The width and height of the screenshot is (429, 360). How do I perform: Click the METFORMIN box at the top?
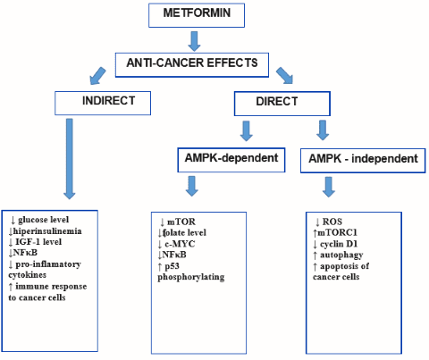click(x=197, y=15)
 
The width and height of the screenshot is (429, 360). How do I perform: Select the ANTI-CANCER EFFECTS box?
click(x=192, y=65)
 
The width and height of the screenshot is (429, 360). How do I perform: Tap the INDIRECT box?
click(x=103, y=103)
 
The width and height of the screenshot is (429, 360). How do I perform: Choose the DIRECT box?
click(x=282, y=104)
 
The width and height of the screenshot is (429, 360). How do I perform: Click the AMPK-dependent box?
click(x=231, y=160)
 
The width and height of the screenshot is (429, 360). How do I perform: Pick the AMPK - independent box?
click(x=363, y=161)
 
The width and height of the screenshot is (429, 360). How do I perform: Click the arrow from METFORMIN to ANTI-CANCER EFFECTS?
click(x=194, y=41)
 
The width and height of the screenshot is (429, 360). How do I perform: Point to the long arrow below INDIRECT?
click(x=70, y=159)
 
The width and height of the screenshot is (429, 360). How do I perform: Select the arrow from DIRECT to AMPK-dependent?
click(x=247, y=130)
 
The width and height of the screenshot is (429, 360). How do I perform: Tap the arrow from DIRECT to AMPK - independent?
click(x=323, y=130)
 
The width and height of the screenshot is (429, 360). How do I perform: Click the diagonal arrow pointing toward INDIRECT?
click(x=97, y=76)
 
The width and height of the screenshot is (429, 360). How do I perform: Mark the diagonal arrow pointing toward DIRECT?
click(x=285, y=75)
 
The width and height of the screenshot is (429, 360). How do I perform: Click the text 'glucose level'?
click(x=43, y=220)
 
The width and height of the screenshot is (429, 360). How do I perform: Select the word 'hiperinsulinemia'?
click(x=47, y=231)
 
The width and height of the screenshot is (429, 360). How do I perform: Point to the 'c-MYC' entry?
click(x=180, y=244)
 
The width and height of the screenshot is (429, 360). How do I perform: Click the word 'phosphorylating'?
click(x=191, y=277)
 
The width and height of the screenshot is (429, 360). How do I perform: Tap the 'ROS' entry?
click(x=332, y=222)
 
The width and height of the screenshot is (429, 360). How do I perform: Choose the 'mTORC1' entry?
click(x=338, y=232)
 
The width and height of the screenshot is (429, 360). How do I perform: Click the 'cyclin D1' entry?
click(x=339, y=244)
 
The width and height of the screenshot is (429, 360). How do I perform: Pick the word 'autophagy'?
click(x=341, y=255)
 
